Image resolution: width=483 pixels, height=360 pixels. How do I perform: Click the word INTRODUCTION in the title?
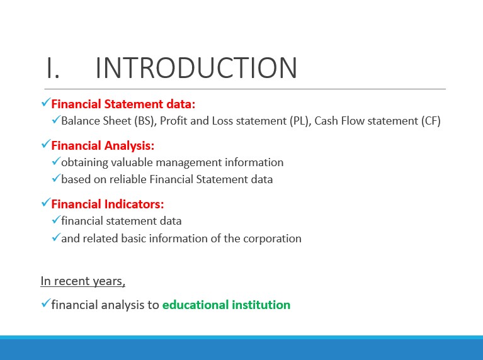click(x=196, y=68)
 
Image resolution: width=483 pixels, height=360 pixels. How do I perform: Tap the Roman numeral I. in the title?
click(x=53, y=68)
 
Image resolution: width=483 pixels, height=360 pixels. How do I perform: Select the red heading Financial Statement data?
click(x=123, y=104)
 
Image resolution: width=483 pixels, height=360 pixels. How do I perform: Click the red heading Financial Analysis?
click(x=103, y=145)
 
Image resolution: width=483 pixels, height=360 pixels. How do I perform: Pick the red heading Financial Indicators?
click(x=108, y=204)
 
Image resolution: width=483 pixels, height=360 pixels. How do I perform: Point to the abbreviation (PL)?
click(x=300, y=121)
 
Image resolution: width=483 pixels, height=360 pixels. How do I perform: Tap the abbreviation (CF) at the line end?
click(x=431, y=121)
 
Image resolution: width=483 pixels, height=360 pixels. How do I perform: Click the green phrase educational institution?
click(x=227, y=305)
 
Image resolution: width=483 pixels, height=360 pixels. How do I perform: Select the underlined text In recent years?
click(x=83, y=281)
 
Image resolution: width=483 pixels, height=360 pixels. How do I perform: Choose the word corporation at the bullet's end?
click(x=272, y=239)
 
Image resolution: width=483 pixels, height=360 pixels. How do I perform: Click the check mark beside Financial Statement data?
click(x=45, y=103)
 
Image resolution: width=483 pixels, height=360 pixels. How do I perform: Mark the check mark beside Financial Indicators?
click(x=45, y=203)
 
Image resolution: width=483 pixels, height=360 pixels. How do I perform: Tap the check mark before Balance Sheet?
click(x=56, y=120)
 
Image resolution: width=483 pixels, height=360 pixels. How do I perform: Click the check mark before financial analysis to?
click(x=45, y=303)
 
